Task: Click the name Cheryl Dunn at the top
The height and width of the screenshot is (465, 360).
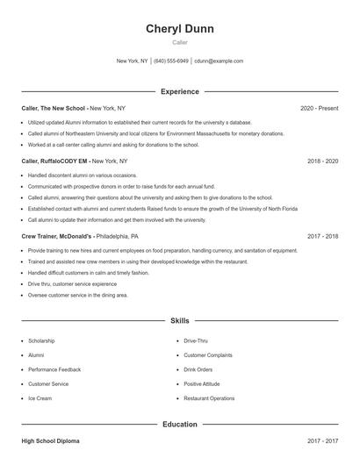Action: pyautogui.click(x=180, y=29)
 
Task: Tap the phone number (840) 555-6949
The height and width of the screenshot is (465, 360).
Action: pyautogui.click(x=172, y=61)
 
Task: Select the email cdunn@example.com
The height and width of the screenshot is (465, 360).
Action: pyautogui.click(x=219, y=61)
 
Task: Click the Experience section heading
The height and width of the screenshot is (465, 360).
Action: pyautogui.click(x=180, y=91)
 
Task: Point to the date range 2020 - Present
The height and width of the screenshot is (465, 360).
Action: pyautogui.click(x=319, y=108)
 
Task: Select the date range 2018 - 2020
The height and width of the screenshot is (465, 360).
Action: pyautogui.click(x=322, y=161)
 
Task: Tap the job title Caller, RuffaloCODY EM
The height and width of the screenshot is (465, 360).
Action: pyautogui.click(x=55, y=161)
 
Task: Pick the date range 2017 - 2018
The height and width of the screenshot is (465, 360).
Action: pyautogui.click(x=322, y=236)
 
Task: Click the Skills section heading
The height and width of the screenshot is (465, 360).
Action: pyautogui.click(x=180, y=322)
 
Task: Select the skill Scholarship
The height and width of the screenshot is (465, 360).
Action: pyautogui.click(x=41, y=340)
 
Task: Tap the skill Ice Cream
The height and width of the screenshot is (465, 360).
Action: pyautogui.click(x=40, y=398)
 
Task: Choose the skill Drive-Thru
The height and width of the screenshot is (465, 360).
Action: pyautogui.click(x=196, y=340)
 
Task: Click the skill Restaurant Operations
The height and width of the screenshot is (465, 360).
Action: pyautogui.click(x=209, y=398)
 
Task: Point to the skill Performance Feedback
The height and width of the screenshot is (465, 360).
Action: pyautogui.click(x=54, y=369)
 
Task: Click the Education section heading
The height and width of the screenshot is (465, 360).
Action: pyautogui.click(x=180, y=425)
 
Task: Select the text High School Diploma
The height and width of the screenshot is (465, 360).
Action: pyautogui.click(x=50, y=441)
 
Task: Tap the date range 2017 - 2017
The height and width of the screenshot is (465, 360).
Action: pyautogui.click(x=322, y=441)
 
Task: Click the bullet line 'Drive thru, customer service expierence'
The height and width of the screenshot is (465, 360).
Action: pyautogui.click(x=72, y=284)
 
